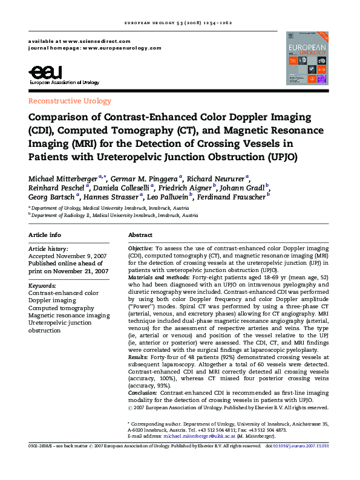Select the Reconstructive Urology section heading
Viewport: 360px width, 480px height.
(70, 101)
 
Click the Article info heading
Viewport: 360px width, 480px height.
(45, 235)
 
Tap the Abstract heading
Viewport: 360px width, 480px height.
(140, 235)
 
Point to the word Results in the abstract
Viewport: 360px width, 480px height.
(139, 358)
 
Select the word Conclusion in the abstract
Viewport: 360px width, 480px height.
(143, 393)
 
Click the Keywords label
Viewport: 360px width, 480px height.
(42, 285)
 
